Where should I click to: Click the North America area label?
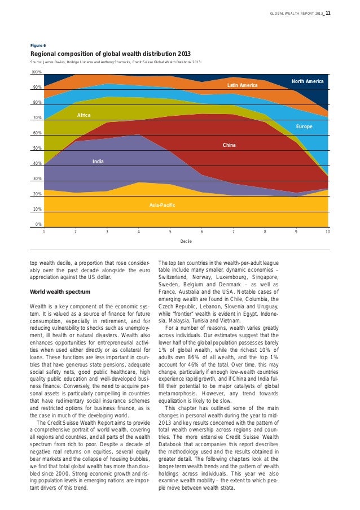(x=307, y=82)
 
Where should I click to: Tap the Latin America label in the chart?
(x=242, y=85)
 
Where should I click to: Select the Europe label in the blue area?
(x=304, y=127)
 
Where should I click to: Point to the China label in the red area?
(x=229, y=146)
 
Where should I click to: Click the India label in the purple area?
(x=98, y=162)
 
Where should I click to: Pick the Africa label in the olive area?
(x=84, y=115)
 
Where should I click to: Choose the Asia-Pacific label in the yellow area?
(x=162, y=204)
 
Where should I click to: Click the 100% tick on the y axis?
(x=37, y=72)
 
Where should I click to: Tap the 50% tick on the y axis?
(x=37, y=149)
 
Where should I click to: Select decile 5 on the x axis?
(x=170, y=232)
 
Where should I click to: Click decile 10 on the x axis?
(x=328, y=232)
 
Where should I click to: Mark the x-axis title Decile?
(x=186, y=241)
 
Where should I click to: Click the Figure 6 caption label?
(x=38, y=45)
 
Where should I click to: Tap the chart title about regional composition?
(x=110, y=54)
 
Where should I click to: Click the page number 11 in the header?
(x=328, y=14)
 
